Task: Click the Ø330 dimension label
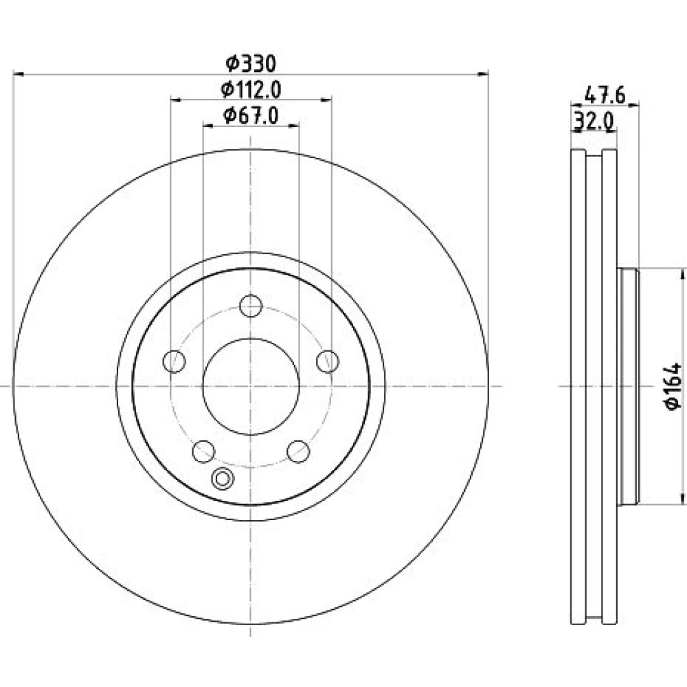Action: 251,64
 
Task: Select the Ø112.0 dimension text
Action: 251,90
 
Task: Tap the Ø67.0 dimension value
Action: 251,115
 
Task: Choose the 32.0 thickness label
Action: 594,121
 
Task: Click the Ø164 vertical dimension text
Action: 673,386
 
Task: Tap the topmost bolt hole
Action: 251,306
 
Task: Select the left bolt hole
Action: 174,361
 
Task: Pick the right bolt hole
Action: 328,361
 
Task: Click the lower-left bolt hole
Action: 204,452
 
